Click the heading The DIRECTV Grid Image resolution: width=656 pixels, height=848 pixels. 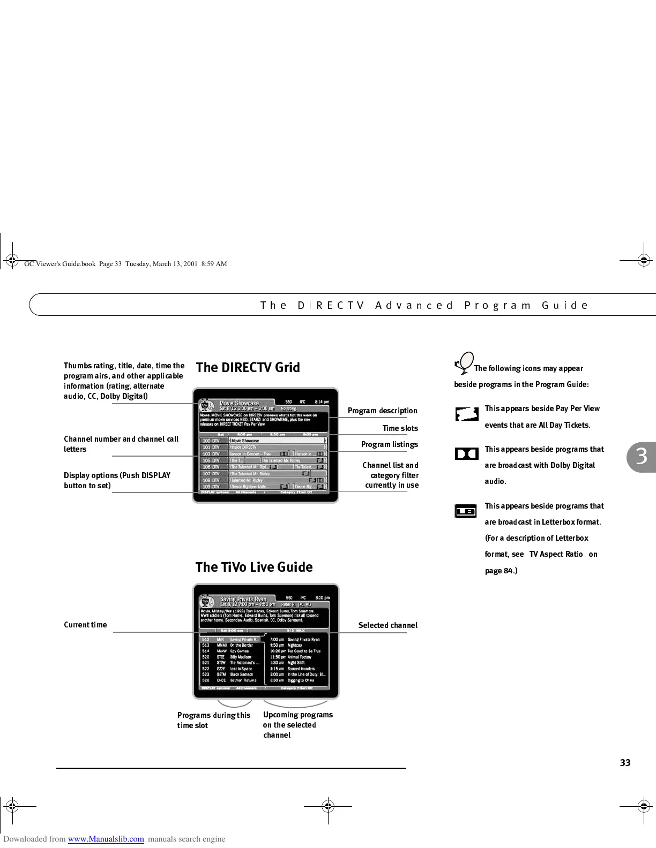point(248,368)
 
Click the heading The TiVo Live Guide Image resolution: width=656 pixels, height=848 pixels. point(254,567)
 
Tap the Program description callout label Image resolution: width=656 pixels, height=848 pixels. point(382,411)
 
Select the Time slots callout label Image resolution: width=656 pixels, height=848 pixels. point(400,428)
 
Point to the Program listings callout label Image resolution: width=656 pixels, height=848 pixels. point(389,444)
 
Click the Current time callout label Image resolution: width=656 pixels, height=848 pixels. point(85,625)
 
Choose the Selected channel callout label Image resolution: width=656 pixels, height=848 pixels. point(387,625)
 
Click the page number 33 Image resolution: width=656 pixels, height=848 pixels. point(625,763)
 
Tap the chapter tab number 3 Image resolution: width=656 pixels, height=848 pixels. point(642,457)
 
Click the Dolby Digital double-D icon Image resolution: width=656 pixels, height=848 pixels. point(466,454)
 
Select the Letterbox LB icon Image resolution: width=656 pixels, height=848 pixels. point(466,511)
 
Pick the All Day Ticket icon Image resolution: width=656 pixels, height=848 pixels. point(466,414)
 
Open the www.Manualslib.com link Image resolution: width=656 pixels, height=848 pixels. point(106,839)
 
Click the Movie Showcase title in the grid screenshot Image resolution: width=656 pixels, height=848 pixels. point(239,403)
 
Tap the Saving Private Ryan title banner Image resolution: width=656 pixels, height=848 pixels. point(243,599)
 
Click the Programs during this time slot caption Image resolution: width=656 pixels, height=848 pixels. point(213,720)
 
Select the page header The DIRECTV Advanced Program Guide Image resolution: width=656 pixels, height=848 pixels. point(424,306)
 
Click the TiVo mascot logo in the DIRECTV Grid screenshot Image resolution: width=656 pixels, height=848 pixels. point(205,405)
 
